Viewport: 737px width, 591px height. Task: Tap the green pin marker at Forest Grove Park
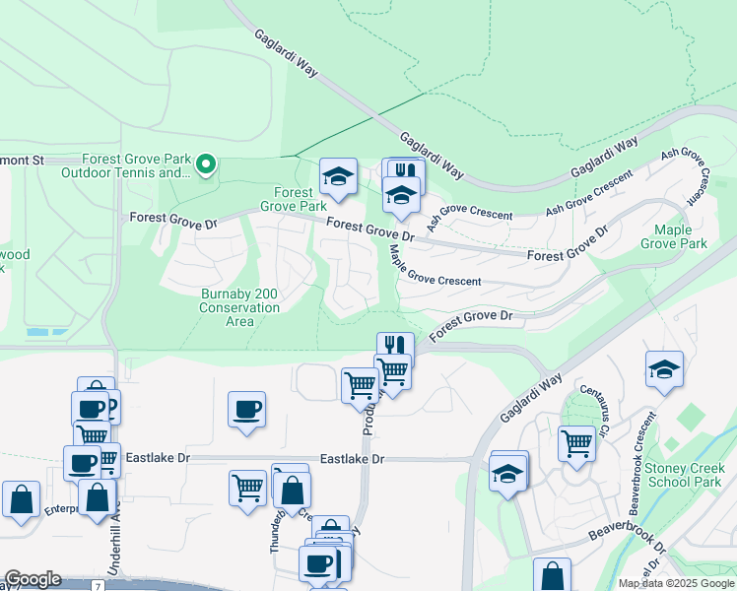click(206, 164)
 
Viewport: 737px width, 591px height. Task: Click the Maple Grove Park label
click(674, 236)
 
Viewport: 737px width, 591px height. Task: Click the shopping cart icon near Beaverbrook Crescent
click(576, 442)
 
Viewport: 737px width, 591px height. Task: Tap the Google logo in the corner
click(33, 579)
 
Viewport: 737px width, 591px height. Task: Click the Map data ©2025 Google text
click(676, 583)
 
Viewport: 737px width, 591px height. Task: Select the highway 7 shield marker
click(98, 585)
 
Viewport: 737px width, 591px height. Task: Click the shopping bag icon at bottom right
click(552, 575)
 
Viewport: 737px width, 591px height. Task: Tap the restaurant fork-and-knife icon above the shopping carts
click(395, 347)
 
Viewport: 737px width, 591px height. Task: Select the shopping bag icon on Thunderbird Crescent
click(292, 490)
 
